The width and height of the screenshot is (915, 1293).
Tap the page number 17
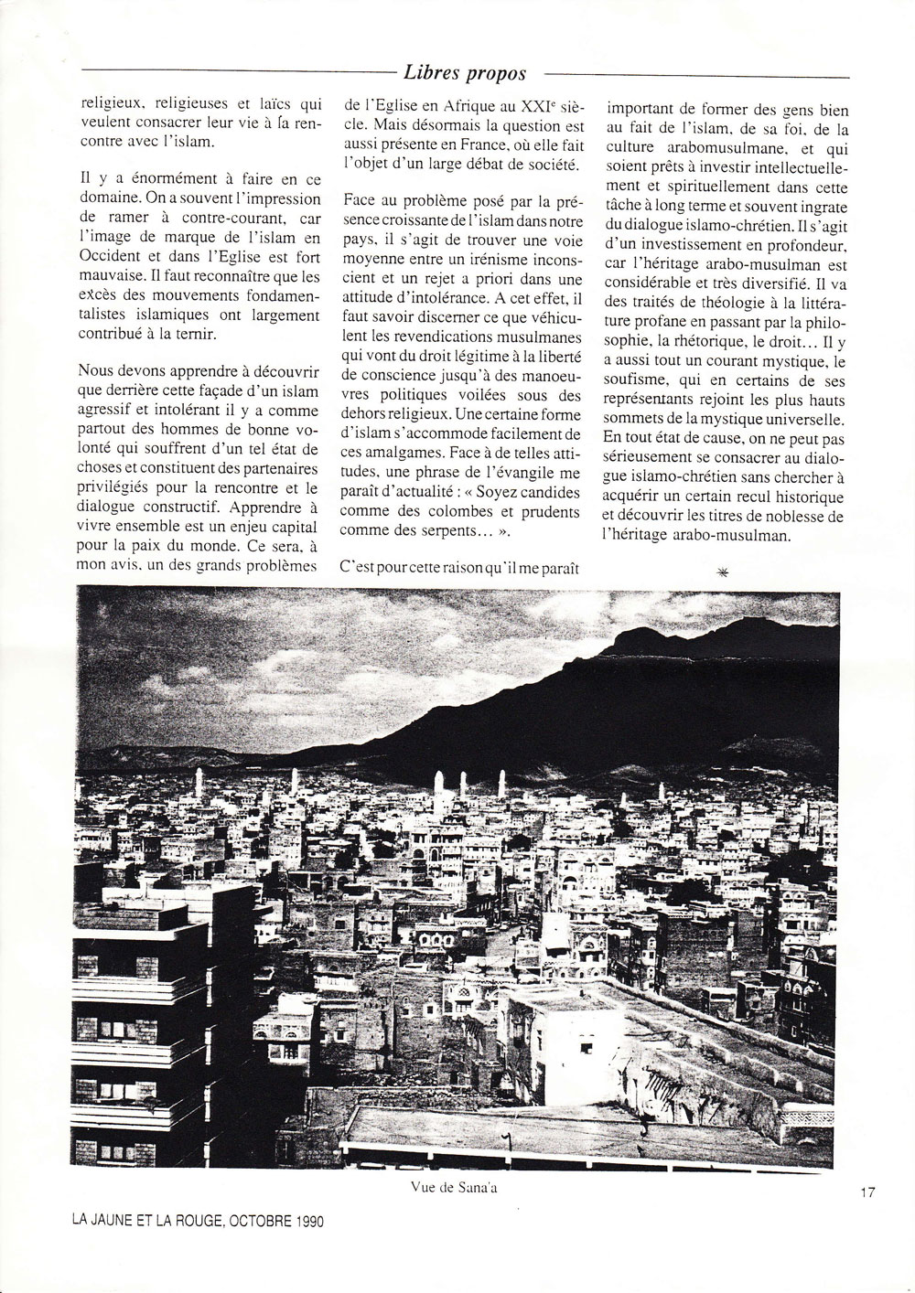pyautogui.click(x=868, y=1191)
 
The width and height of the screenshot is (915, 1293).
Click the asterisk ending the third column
pyautogui.click(x=724, y=572)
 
